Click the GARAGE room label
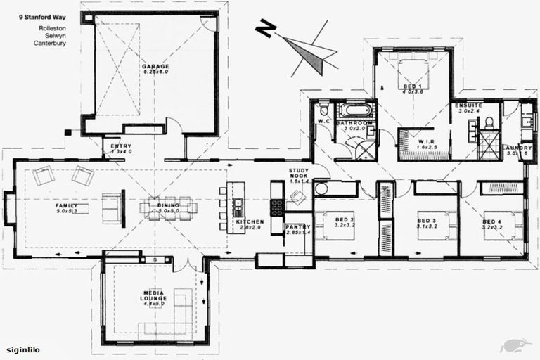click(155, 67)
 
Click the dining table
click(168, 207)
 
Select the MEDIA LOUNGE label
click(153, 298)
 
